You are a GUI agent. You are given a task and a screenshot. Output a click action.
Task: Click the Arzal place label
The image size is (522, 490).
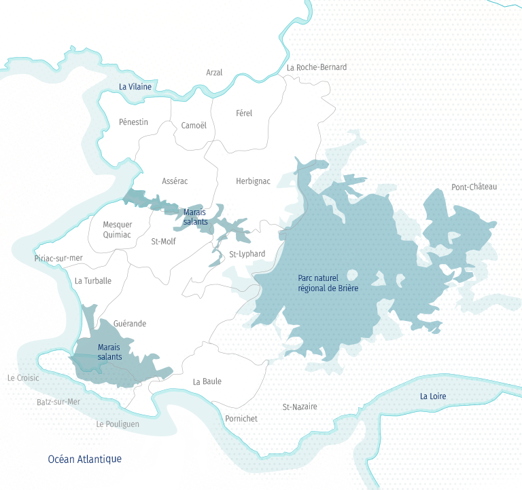214,73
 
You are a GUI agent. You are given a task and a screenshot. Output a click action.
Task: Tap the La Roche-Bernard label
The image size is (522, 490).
317,67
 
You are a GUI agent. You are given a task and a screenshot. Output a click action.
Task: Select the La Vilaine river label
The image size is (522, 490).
135,87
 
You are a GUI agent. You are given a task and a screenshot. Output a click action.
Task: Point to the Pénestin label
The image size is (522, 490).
133,122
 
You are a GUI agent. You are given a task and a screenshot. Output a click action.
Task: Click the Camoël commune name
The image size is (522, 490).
194,126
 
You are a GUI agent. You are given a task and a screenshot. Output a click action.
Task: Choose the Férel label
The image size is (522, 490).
243,113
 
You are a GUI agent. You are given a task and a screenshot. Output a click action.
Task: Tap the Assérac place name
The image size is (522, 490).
175,181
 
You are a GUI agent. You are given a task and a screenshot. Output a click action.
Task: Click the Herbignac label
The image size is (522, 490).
253,181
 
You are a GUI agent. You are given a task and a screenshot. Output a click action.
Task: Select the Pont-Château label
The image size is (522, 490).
474,187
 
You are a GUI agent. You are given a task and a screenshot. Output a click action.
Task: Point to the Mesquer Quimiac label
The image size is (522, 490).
118,230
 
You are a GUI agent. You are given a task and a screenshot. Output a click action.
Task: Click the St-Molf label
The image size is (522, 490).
163,241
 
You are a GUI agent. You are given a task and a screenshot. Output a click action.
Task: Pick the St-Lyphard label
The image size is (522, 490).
247,255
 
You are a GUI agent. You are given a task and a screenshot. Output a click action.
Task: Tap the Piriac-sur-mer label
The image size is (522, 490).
58,258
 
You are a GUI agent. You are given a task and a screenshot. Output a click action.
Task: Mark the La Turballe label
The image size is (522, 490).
93,281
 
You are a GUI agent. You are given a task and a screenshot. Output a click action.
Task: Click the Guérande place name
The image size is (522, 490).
130,324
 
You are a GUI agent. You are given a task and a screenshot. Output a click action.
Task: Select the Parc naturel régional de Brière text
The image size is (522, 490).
328,283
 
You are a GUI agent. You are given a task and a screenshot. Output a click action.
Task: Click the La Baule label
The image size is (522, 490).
207,381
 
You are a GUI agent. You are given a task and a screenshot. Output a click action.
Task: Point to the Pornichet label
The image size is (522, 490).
241,419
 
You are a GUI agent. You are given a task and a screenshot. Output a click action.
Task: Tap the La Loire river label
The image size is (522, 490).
433,396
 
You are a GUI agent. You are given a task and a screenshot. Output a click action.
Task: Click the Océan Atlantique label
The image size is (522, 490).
85,459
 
